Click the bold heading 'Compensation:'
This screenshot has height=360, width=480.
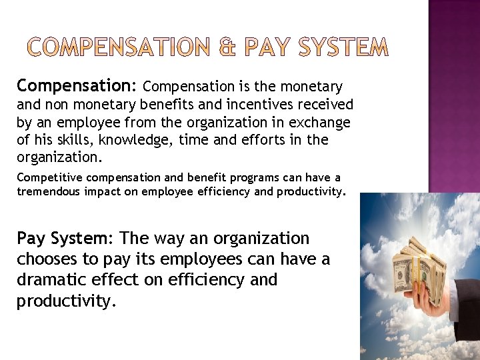77,85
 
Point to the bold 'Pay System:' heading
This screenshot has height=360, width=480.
65,238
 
